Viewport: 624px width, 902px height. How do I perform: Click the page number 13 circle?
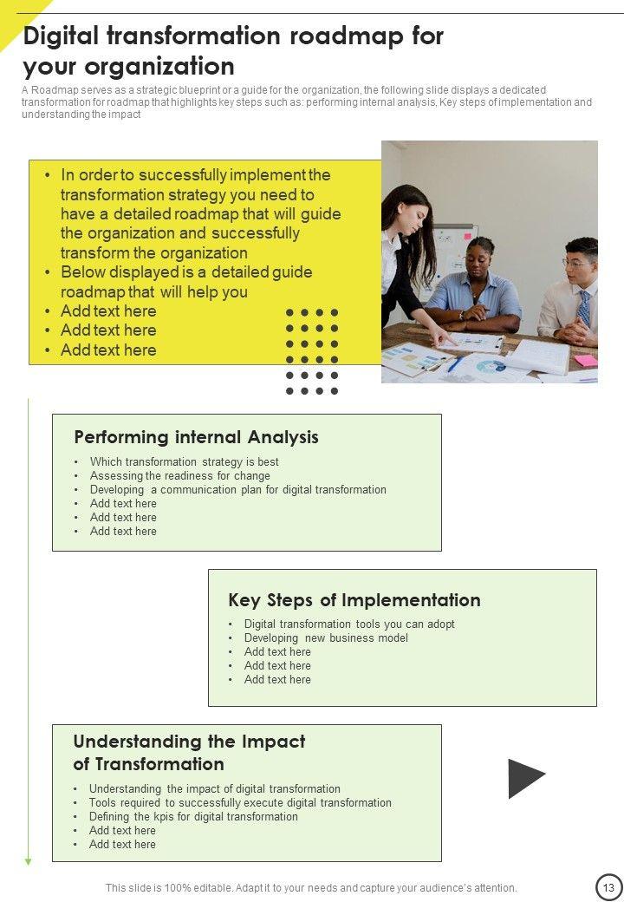609,887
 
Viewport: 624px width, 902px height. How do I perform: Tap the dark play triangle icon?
524,778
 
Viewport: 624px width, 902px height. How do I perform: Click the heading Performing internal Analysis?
196,437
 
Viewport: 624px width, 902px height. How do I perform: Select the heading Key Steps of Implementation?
354,600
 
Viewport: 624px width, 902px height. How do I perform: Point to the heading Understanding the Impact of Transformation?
189,753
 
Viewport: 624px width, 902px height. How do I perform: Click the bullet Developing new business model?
326,638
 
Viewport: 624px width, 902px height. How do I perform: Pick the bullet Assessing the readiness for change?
179,476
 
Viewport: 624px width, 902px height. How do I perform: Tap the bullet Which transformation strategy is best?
184,462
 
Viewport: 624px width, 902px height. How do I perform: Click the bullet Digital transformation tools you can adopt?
349,624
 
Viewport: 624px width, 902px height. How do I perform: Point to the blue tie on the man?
584,308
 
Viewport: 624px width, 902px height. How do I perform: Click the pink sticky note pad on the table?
586,360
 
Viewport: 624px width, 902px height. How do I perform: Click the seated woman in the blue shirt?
475,291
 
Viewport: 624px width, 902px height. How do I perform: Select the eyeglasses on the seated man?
577,262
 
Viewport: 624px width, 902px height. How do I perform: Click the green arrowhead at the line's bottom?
28,861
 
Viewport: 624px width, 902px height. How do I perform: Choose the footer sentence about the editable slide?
311,888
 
